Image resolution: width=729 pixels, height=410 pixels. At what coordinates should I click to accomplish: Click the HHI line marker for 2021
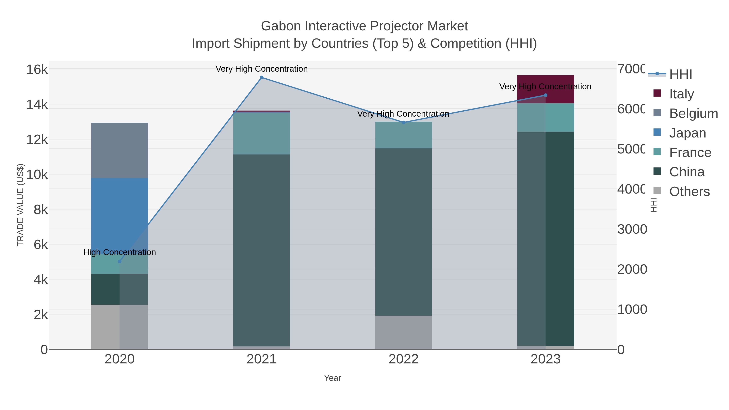click(261, 78)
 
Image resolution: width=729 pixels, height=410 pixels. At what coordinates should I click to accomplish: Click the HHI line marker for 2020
click(119, 261)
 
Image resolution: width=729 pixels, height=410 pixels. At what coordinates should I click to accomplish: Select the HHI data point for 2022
click(404, 122)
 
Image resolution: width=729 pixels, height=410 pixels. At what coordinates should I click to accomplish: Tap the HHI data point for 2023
click(546, 95)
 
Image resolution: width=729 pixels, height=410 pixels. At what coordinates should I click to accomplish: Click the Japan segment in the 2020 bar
click(119, 215)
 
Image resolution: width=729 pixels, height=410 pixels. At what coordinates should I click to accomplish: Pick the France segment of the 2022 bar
click(404, 135)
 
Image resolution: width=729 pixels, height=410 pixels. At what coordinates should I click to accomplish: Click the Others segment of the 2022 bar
click(404, 332)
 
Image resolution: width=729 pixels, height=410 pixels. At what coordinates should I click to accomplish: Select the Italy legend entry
click(681, 94)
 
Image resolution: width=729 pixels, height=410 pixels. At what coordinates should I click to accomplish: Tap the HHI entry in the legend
click(680, 75)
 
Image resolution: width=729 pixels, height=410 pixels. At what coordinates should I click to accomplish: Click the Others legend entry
click(689, 192)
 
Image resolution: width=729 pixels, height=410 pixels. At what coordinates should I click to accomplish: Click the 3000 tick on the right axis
click(632, 229)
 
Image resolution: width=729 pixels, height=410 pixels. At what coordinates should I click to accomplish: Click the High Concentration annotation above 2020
click(119, 252)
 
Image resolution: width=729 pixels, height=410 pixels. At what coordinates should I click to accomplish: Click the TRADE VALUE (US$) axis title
click(20, 205)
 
